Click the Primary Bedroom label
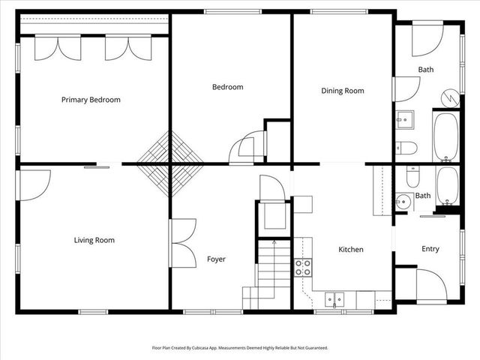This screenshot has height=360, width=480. click(x=91, y=100)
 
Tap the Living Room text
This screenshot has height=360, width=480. click(x=94, y=240)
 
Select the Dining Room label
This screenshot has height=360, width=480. click(x=342, y=91)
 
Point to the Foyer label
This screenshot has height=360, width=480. click(x=216, y=259)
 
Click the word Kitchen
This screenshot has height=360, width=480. click(x=351, y=249)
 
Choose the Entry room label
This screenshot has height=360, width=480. click(x=430, y=249)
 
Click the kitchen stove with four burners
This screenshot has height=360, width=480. click(x=302, y=268)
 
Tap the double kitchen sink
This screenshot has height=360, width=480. click(x=331, y=299)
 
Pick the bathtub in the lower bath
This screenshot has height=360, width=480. click(x=447, y=185)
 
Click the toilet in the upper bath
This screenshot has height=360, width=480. click(x=406, y=146)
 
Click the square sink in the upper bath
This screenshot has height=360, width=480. click(x=405, y=118)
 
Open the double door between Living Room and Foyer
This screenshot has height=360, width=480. click(x=182, y=239)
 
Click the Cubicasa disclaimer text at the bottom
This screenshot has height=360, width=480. click(x=240, y=348)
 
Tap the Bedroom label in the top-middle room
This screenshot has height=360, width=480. click(x=227, y=87)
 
